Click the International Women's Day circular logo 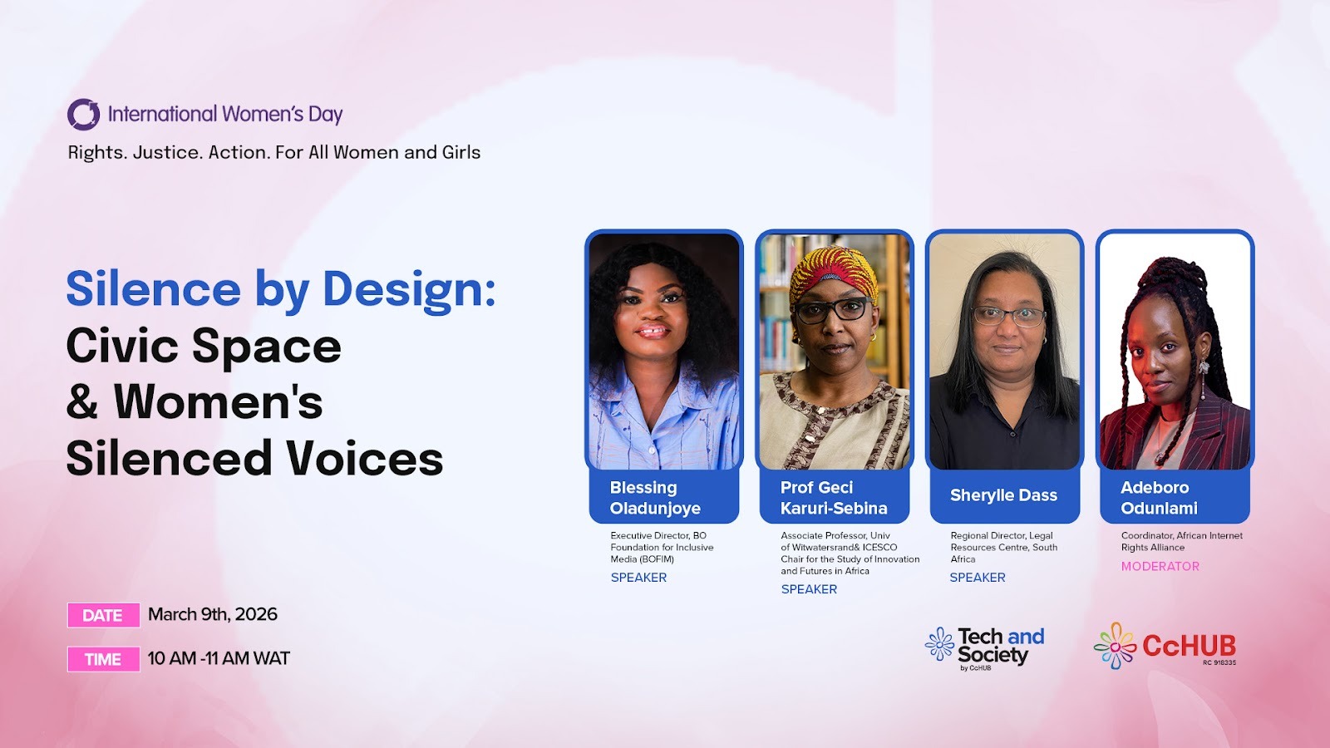click(x=83, y=114)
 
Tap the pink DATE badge click(x=103, y=615)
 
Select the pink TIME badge click(x=103, y=659)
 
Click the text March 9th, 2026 click(x=213, y=614)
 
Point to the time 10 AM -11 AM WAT click(x=219, y=658)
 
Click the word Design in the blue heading click(x=408, y=290)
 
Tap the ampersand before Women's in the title click(x=82, y=401)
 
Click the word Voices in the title click(x=364, y=458)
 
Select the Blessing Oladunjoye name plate click(x=664, y=498)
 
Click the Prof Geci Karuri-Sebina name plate click(x=835, y=498)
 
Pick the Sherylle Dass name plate click(x=1005, y=498)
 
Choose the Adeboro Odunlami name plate click(x=1175, y=498)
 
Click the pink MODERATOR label click(x=1160, y=566)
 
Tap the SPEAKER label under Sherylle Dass click(x=978, y=578)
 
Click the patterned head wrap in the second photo click(x=834, y=274)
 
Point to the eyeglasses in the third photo click(x=1008, y=316)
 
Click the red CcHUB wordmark click(x=1190, y=646)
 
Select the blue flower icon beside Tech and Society click(x=940, y=644)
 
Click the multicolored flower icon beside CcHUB click(x=1115, y=646)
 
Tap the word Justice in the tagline click(x=167, y=153)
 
